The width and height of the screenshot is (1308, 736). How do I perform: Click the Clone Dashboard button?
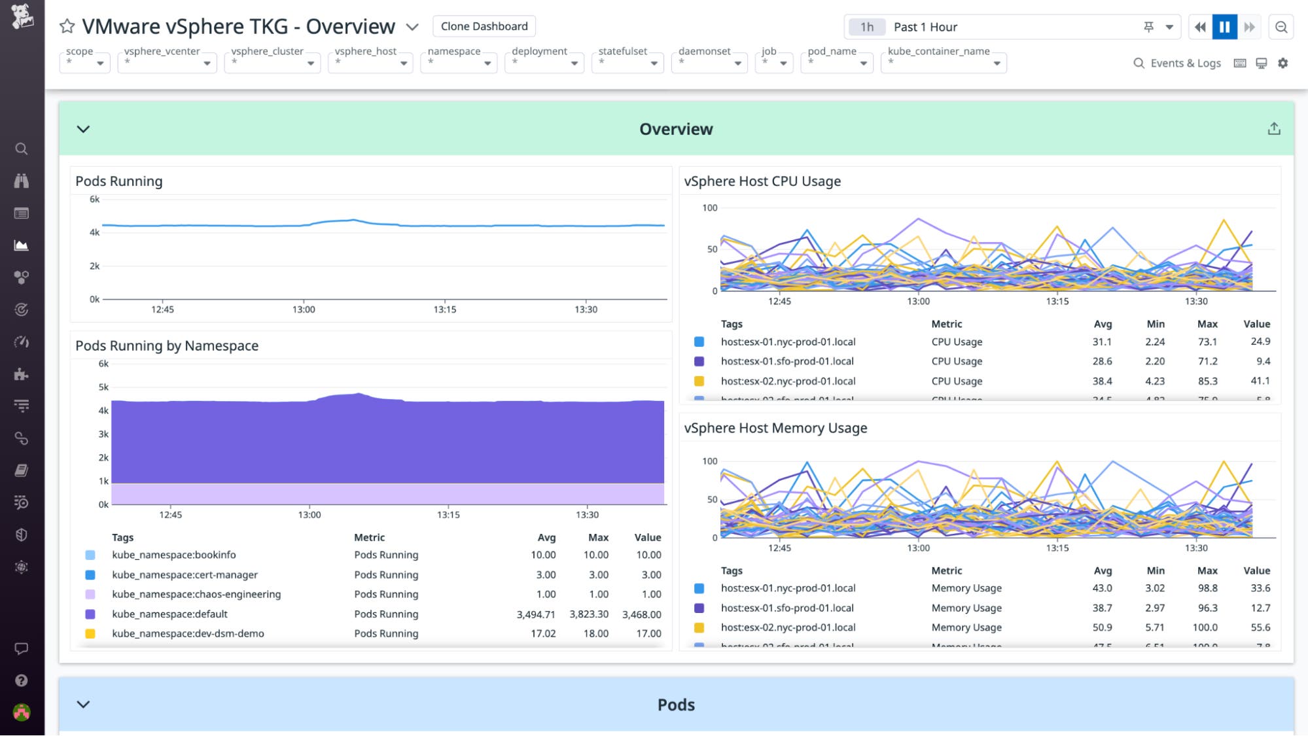(484, 26)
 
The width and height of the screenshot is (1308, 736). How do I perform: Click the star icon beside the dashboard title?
(67, 26)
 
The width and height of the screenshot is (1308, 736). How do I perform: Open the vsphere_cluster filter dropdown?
(272, 62)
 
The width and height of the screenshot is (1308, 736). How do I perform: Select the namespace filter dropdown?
(459, 62)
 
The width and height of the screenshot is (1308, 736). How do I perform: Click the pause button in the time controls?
(1224, 27)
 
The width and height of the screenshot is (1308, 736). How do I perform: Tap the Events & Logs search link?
(1177, 63)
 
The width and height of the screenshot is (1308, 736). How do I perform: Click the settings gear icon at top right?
(1282, 63)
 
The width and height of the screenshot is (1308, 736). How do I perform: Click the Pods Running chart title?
(119, 181)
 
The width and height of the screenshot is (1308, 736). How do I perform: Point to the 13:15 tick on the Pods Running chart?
(445, 309)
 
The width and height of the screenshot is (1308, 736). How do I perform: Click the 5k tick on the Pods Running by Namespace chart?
(103, 387)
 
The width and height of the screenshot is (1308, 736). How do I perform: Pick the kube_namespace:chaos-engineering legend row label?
(196, 594)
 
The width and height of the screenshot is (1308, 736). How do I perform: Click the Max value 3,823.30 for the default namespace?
(588, 614)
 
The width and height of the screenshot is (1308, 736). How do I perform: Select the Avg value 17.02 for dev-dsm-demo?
(543, 633)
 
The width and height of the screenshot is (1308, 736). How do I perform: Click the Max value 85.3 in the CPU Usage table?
(1207, 381)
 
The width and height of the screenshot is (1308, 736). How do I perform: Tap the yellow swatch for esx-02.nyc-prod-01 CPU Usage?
(699, 381)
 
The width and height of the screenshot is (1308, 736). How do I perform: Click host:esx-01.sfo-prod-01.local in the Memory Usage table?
(787, 608)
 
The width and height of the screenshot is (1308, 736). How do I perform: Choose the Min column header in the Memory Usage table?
(1156, 570)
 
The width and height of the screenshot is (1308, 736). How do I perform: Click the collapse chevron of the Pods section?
(83, 705)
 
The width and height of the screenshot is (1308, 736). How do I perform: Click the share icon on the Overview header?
(1273, 129)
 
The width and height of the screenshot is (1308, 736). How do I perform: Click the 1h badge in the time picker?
(866, 27)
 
